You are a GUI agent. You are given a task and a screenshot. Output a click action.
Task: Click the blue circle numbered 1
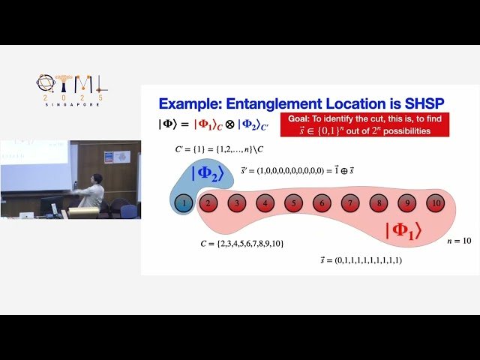182,202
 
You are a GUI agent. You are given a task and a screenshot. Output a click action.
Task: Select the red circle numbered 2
208,202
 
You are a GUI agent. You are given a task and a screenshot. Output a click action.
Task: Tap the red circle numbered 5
293,202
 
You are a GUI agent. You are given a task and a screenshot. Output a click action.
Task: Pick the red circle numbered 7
349,202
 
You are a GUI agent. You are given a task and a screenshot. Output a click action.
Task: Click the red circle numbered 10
434,202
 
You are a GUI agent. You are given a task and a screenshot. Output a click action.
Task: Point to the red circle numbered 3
237,202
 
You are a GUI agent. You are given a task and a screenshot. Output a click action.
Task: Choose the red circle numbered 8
378,202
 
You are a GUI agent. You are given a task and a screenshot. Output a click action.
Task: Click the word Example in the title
196,103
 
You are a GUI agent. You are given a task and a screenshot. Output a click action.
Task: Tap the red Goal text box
364,124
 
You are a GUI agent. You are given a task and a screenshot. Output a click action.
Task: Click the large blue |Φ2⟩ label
208,173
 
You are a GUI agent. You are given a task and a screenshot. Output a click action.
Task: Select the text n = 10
459,241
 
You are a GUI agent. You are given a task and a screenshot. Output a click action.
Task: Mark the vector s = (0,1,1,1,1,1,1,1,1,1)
361,260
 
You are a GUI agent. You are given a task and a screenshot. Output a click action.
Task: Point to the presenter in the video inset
91,193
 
